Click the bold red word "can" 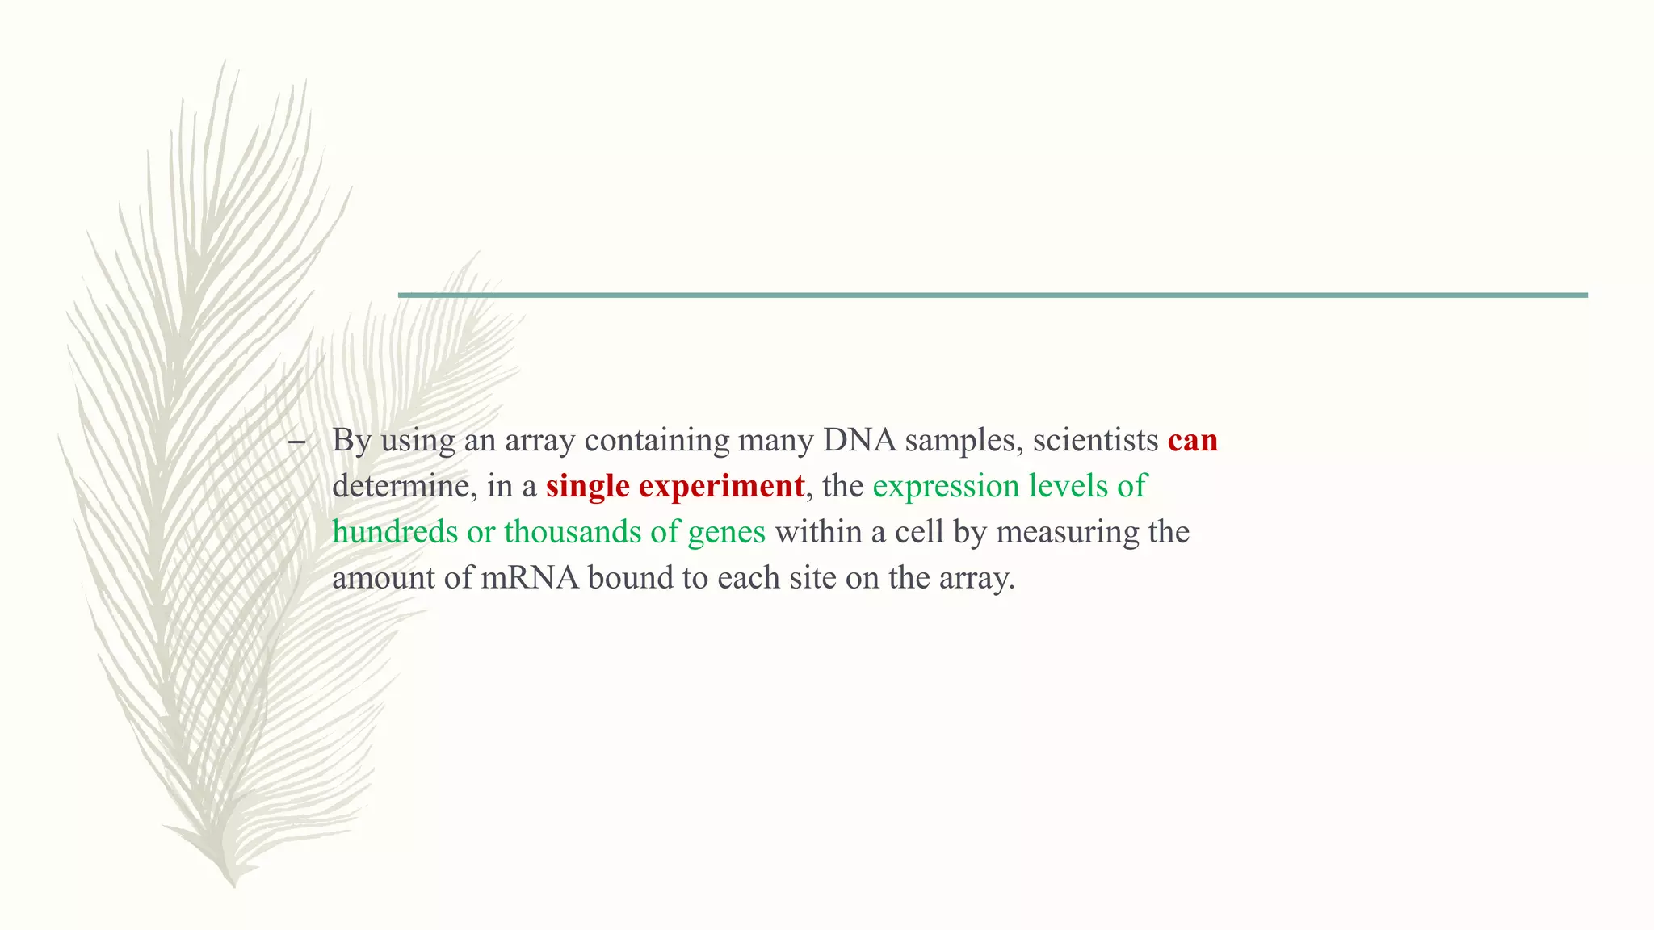[x=1192, y=441]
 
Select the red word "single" [x=587, y=487]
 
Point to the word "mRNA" [x=530, y=579]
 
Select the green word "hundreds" [x=395, y=533]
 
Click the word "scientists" [x=1095, y=441]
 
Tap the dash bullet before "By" [x=296, y=442]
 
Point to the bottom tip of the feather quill [x=234, y=885]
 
